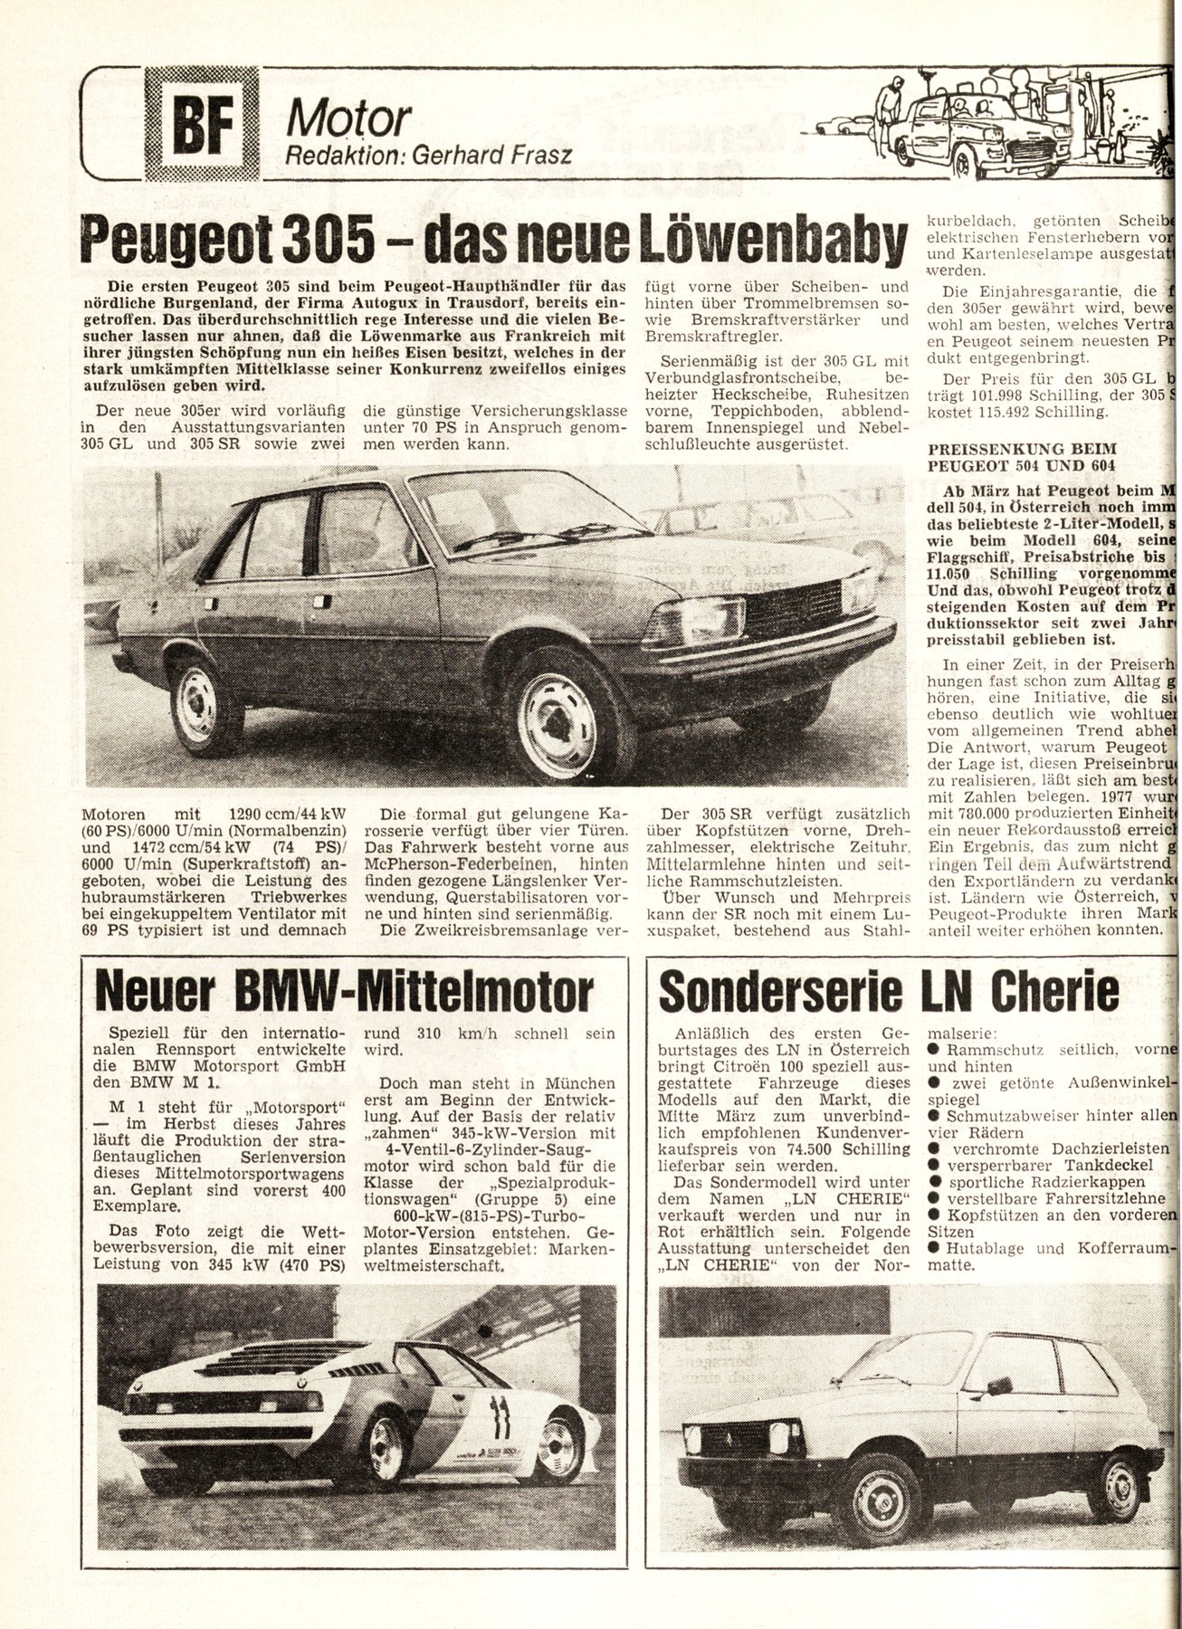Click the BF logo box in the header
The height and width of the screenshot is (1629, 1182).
201,124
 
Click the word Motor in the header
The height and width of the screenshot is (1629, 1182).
348,119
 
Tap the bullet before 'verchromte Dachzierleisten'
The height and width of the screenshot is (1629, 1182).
935,1148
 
